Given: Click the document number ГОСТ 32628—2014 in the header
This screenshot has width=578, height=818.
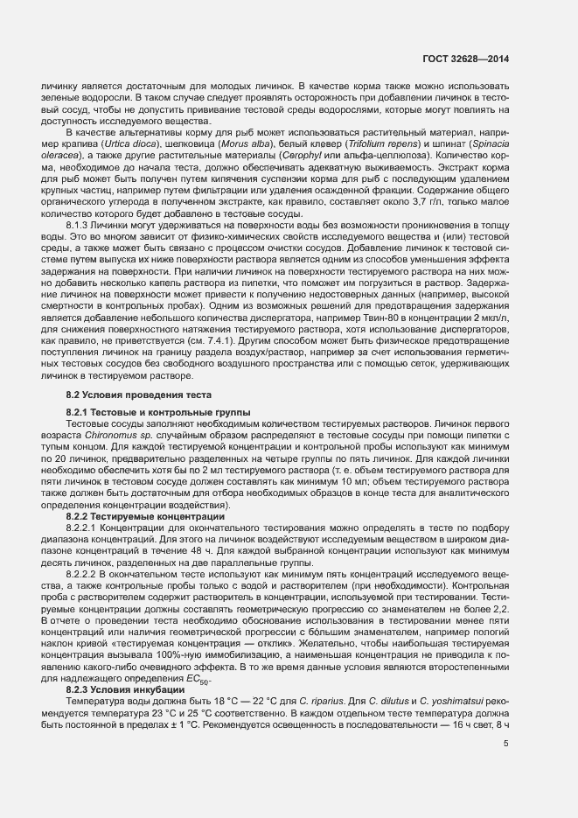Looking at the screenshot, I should pos(469,59).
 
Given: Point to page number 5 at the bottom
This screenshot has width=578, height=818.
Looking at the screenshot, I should pos(505,745).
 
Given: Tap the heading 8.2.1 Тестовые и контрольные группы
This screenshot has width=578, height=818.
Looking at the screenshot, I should pos(145,411).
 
